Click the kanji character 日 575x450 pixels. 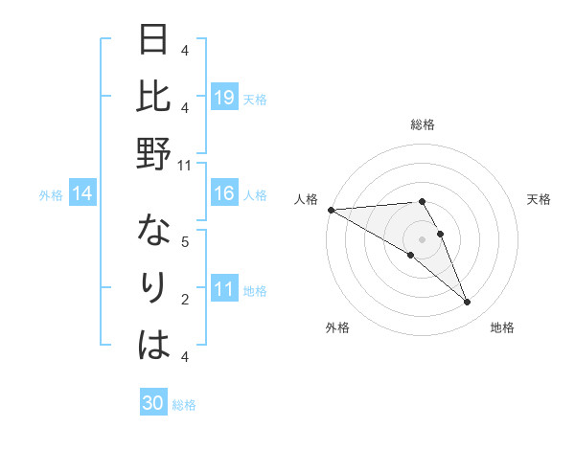(x=154, y=41)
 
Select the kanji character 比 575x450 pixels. (x=154, y=98)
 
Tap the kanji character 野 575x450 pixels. (x=154, y=154)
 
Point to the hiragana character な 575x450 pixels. (x=154, y=233)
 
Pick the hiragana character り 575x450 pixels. (x=154, y=289)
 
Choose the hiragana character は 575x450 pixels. (x=154, y=346)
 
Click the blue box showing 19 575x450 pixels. (x=224, y=98)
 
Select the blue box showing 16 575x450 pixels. (x=224, y=194)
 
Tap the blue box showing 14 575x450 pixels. (x=82, y=194)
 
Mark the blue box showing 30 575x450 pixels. (x=153, y=403)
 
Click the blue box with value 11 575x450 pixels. (x=224, y=290)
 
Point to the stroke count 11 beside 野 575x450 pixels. (x=185, y=165)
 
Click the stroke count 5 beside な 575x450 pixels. (x=185, y=242)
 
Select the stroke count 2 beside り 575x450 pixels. (x=185, y=300)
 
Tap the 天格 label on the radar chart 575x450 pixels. (x=539, y=199)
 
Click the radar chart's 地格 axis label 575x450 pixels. (x=502, y=328)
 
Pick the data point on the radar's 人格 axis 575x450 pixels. (x=331, y=210)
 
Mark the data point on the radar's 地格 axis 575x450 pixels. (x=467, y=303)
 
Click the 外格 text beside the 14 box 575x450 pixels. (x=51, y=195)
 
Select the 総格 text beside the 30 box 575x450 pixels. (x=184, y=405)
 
